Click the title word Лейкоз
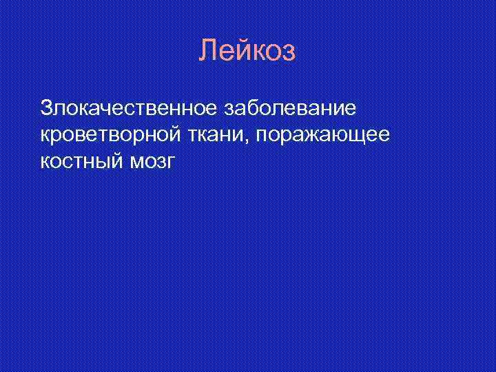click(x=247, y=51)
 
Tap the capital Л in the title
click(x=207, y=51)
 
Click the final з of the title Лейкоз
click(x=289, y=51)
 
